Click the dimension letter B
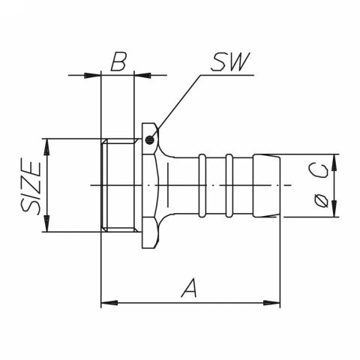click(x=118, y=61)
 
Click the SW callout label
click(x=229, y=63)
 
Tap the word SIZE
click(x=31, y=186)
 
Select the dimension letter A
click(x=190, y=287)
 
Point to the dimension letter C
click(x=320, y=172)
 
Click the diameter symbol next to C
click(x=320, y=200)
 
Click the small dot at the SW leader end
click(x=150, y=139)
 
